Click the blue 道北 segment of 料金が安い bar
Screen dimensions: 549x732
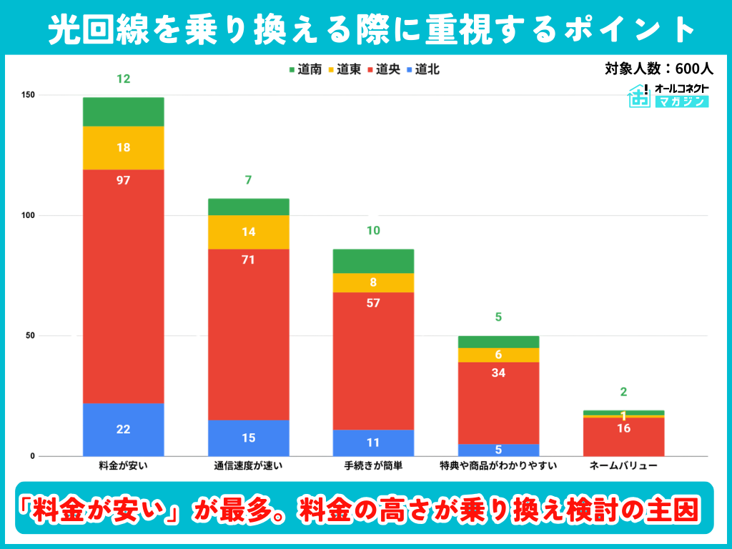pyautogui.click(x=123, y=430)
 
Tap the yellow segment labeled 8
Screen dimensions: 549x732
pyautogui.click(x=373, y=282)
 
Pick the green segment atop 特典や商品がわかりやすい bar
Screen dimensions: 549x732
pyautogui.click(x=498, y=342)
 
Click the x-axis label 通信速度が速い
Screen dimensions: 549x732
pyautogui.click(x=248, y=466)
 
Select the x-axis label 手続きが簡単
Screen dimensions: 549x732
pyautogui.click(x=373, y=466)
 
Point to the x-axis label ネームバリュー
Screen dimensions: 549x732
pyautogui.click(x=623, y=466)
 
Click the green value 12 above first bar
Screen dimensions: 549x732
pyautogui.click(x=123, y=79)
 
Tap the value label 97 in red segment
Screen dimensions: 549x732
pyautogui.click(x=123, y=180)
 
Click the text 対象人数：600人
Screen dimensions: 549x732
pyautogui.click(x=658, y=69)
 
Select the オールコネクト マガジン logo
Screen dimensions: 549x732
pyautogui.click(x=668, y=95)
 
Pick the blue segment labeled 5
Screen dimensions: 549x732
pyautogui.click(x=498, y=450)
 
